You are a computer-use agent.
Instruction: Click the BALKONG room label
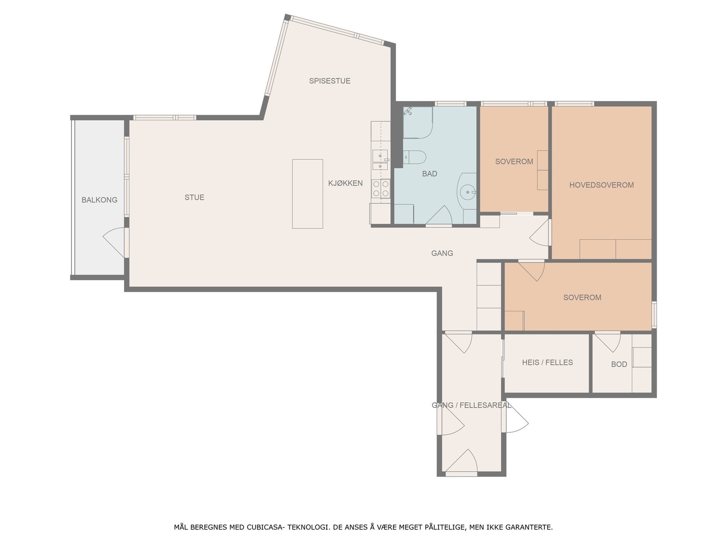click(100, 200)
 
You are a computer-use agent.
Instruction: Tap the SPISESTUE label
click(329, 81)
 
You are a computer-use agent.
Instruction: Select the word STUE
click(194, 197)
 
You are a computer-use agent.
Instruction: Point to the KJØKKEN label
click(345, 183)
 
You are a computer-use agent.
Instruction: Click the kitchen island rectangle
click(307, 194)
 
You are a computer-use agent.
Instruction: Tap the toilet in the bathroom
click(414, 157)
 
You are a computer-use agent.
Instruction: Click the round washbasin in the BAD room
click(468, 192)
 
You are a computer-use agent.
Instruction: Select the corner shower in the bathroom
click(418, 122)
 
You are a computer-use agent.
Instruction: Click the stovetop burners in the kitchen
click(381, 188)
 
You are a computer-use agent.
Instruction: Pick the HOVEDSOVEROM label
click(602, 185)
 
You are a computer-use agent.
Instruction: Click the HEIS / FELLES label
click(548, 362)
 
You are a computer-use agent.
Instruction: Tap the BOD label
click(619, 364)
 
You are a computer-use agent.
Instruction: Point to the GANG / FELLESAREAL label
click(471, 405)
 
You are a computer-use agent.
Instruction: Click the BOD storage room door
click(607, 342)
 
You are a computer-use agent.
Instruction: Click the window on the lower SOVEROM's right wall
click(654, 314)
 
